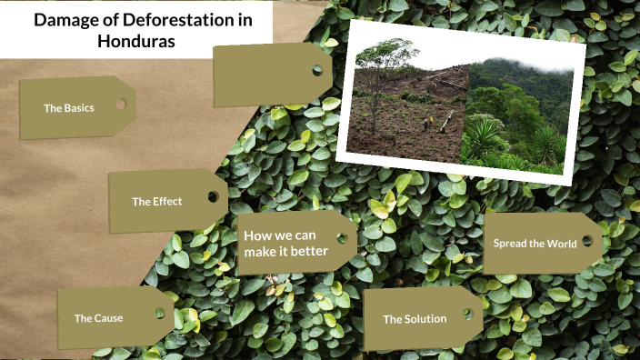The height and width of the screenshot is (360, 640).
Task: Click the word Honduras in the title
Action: click(x=135, y=41)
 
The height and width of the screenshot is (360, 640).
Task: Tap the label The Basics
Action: click(x=68, y=108)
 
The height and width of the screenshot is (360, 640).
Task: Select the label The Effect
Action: click(x=156, y=201)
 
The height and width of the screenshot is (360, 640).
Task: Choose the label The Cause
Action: click(x=98, y=318)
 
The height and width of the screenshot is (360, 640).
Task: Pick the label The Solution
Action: click(x=415, y=319)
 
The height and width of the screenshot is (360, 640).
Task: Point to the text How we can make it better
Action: click(x=285, y=243)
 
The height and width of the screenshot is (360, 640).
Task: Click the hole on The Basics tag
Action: click(x=121, y=104)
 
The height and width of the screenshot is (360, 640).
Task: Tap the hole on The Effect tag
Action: click(x=213, y=196)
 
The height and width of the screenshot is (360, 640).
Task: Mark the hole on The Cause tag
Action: click(x=159, y=314)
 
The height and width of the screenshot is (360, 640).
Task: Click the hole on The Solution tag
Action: click(x=468, y=314)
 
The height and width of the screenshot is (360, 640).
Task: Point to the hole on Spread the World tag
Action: click(x=587, y=241)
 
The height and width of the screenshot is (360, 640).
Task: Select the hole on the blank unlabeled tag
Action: click(x=317, y=70)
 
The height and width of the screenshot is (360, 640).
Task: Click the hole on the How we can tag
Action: click(x=343, y=238)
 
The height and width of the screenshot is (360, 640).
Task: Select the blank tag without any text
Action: click(x=268, y=75)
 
